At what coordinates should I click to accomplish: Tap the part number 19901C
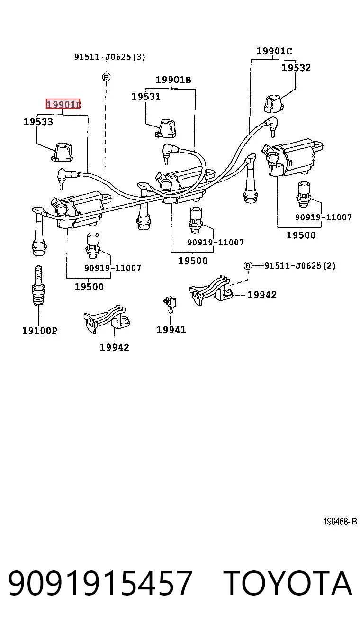[x=274, y=51]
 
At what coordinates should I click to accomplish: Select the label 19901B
[x=173, y=80]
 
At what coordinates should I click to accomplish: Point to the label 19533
[x=38, y=122]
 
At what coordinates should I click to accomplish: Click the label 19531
[x=146, y=97]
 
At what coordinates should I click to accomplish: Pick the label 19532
[x=296, y=68]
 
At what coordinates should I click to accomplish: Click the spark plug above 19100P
[x=38, y=286]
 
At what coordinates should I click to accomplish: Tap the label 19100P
[x=40, y=330]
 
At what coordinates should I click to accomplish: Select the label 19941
[x=171, y=330]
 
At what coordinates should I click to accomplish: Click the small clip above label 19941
[x=170, y=304]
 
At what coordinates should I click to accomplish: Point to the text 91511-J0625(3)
[x=110, y=57]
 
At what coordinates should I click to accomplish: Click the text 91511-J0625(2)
[x=300, y=265]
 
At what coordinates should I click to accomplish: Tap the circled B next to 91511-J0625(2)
[x=247, y=266]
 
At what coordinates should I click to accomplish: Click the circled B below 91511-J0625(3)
[x=106, y=77]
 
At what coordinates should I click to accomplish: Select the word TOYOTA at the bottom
[x=288, y=583]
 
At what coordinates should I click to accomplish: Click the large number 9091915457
[x=100, y=583]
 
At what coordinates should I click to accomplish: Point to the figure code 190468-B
[x=340, y=522]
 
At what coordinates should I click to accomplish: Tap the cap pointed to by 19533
[x=62, y=153]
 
